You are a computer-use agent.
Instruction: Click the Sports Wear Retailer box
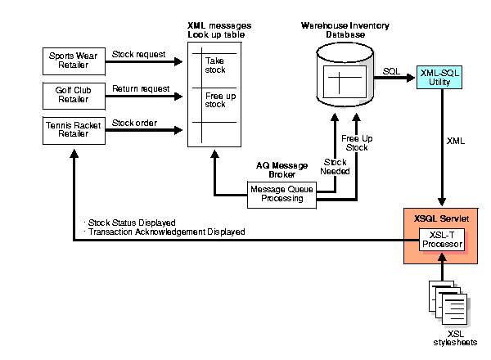point(74,60)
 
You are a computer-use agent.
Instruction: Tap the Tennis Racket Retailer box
point(74,130)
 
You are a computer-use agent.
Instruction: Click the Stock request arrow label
point(138,55)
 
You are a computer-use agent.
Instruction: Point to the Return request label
point(141,88)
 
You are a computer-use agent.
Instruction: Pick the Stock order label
point(134,124)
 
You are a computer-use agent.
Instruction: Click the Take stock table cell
point(215,65)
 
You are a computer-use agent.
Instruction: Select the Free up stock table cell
point(215,100)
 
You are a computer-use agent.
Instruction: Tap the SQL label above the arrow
point(391,72)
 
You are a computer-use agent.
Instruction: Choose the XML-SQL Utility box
point(439,78)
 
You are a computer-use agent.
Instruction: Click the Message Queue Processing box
point(281,193)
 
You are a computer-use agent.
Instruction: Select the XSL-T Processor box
point(443,241)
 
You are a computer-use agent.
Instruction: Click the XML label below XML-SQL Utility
point(456,141)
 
